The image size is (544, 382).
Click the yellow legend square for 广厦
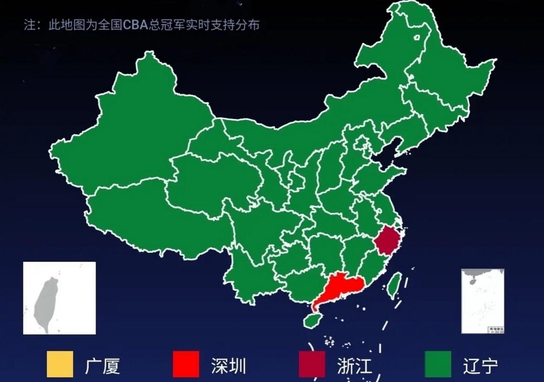(60, 364)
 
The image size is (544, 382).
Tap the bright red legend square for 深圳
(186, 364)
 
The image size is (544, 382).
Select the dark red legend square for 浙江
(312, 364)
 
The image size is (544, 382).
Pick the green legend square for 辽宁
(438, 364)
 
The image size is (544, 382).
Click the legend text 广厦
(103, 366)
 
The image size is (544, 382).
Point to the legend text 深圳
(229, 366)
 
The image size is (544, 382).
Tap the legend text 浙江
(355, 366)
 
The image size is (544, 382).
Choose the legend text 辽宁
(481, 366)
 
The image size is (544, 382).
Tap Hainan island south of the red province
(313, 320)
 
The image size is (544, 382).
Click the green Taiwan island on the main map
(394, 285)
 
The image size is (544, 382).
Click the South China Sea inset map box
(482, 301)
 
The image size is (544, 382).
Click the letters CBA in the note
(135, 25)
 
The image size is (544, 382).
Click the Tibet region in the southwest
(143, 215)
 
